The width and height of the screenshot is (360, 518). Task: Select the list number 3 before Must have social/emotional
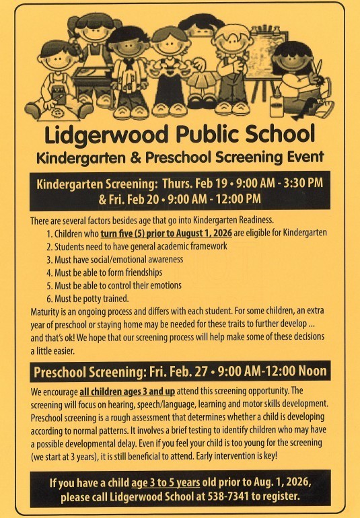click(x=49, y=259)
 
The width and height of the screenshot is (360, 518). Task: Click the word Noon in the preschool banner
click(x=310, y=371)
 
